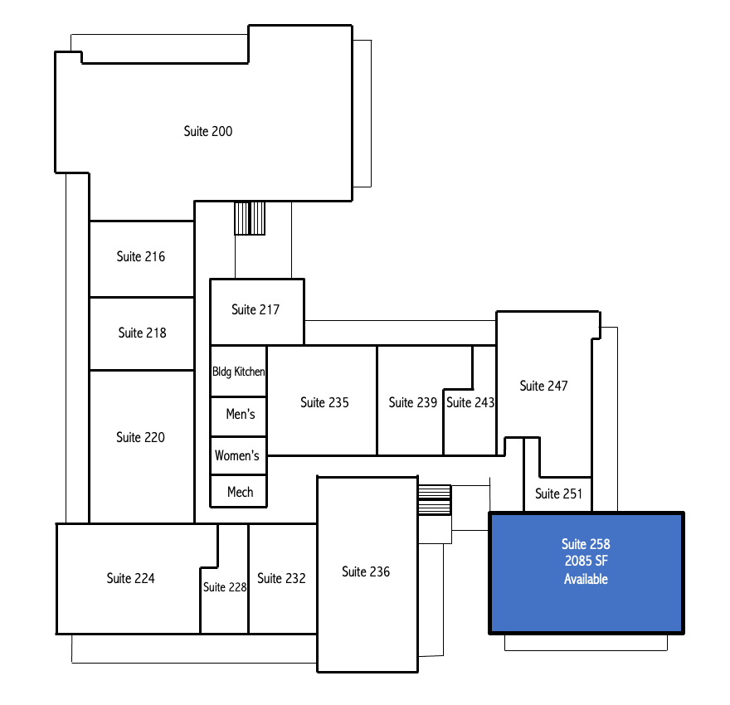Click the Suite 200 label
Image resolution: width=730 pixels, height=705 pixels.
[208, 131]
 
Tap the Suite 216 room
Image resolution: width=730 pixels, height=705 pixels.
[142, 259]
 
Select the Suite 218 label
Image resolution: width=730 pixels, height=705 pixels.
[142, 333]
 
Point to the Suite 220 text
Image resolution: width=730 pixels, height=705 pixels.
[140, 437]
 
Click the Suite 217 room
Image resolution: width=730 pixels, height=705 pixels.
[257, 312]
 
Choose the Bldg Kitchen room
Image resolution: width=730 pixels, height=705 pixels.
[238, 372]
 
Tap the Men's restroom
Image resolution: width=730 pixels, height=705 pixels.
[238, 417]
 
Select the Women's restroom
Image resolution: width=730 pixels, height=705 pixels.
[238, 456]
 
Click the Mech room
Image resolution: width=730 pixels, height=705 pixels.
[238, 491]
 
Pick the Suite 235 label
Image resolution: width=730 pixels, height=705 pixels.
[324, 402]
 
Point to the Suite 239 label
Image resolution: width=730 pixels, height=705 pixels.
[412, 402]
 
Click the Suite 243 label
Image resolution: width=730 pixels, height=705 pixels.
[470, 402]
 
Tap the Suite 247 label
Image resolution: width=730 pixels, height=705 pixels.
[544, 386]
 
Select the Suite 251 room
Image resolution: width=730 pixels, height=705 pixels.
[558, 494]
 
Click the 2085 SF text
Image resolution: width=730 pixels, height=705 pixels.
[586, 561]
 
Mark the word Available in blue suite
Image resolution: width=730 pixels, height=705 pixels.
[586, 579]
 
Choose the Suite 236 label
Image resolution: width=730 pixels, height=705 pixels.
[366, 571]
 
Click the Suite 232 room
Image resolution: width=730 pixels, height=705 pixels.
[283, 579]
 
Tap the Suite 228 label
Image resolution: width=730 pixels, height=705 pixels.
[225, 587]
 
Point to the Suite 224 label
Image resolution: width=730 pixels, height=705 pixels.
[131, 578]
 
